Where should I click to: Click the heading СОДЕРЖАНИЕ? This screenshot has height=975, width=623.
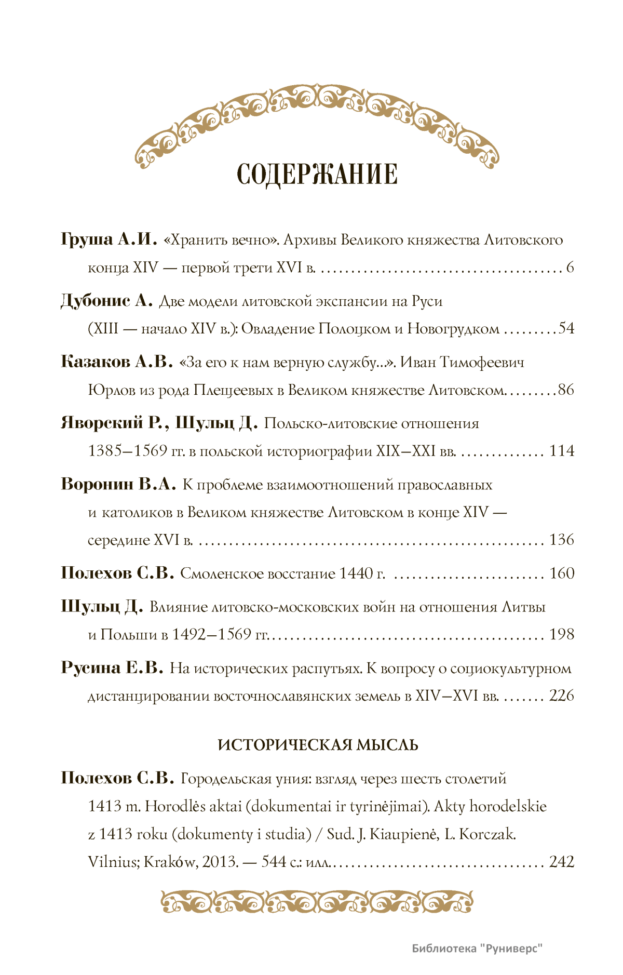click(x=317, y=174)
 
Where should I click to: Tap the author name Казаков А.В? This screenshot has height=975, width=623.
click(x=116, y=362)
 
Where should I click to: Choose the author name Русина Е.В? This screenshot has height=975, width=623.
click(x=112, y=667)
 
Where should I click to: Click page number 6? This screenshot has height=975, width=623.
click(x=570, y=267)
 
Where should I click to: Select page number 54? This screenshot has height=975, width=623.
click(x=566, y=328)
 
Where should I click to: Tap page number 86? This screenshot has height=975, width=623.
click(x=566, y=390)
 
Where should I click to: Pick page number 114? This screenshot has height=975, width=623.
click(x=562, y=450)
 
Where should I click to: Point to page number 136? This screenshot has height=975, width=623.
click(x=562, y=540)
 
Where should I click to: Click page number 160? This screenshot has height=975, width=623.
click(x=562, y=573)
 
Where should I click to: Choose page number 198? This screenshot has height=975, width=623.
click(x=562, y=634)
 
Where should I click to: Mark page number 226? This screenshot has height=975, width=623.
click(x=562, y=696)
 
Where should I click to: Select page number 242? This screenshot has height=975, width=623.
click(x=562, y=862)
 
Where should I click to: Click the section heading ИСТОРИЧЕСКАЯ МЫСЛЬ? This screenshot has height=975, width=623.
click(x=318, y=745)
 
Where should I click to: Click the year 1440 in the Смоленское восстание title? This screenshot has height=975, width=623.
click(x=356, y=573)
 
